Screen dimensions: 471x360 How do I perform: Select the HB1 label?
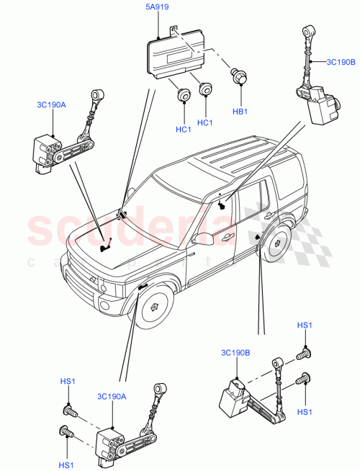pyautogui.click(x=239, y=112)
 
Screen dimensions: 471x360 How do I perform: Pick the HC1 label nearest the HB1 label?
pyautogui.click(x=205, y=122)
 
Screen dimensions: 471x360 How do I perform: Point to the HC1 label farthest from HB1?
pyautogui.click(x=183, y=129)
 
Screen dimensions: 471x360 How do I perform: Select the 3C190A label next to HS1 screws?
pyautogui.click(x=112, y=395)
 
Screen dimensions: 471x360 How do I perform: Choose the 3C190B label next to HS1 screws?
pyautogui.click(x=237, y=353)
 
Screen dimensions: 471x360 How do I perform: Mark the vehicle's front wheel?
pyautogui.click(x=153, y=305)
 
